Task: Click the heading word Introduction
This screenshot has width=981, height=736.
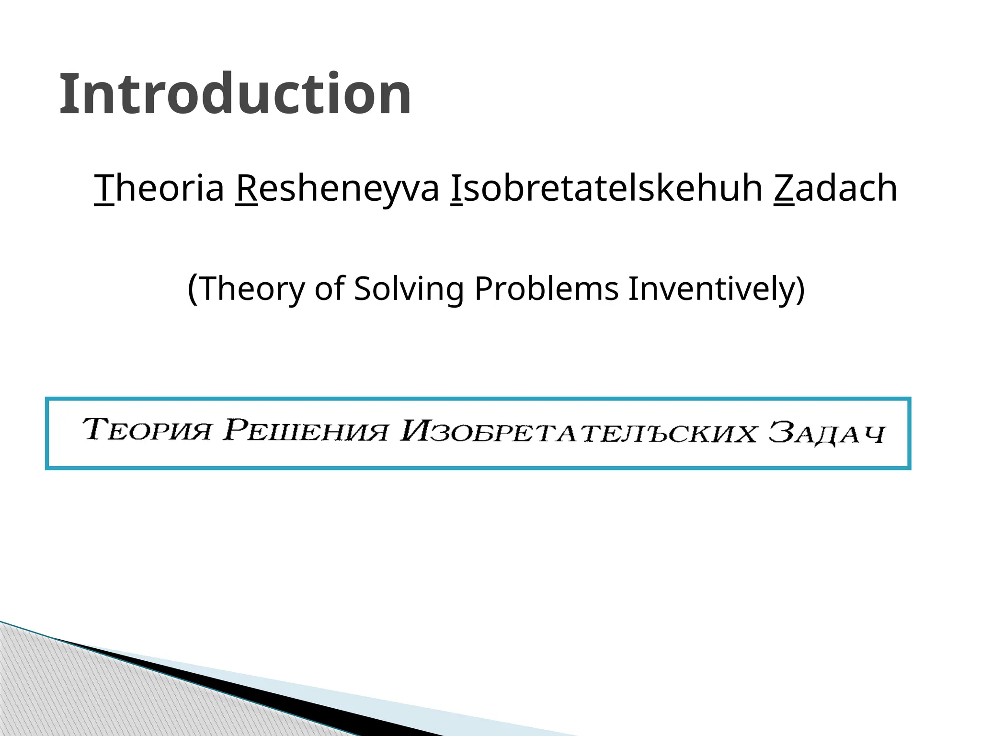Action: [x=235, y=94]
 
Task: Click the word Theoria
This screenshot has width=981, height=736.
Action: [x=160, y=188]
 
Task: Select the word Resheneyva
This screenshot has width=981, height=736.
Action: [x=337, y=188]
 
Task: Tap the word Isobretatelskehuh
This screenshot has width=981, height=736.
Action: [x=606, y=188]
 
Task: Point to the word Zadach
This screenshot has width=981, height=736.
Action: [x=835, y=188]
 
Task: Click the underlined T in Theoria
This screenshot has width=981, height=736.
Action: [x=104, y=188]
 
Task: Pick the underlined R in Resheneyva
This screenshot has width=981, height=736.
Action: [x=246, y=188]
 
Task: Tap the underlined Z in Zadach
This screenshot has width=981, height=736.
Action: [x=784, y=188]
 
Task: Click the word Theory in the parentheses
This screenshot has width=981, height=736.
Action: [x=252, y=288]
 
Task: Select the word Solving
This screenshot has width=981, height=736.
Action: [x=409, y=288]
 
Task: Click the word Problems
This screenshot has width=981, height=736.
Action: [x=547, y=288]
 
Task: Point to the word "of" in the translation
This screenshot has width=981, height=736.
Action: [x=330, y=288]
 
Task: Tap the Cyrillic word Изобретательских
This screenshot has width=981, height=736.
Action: [x=578, y=432]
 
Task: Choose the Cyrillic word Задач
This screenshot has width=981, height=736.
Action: [x=826, y=433]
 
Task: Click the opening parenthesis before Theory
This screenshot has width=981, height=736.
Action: [x=192, y=288]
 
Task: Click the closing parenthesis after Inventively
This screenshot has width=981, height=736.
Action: [x=799, y=288]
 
